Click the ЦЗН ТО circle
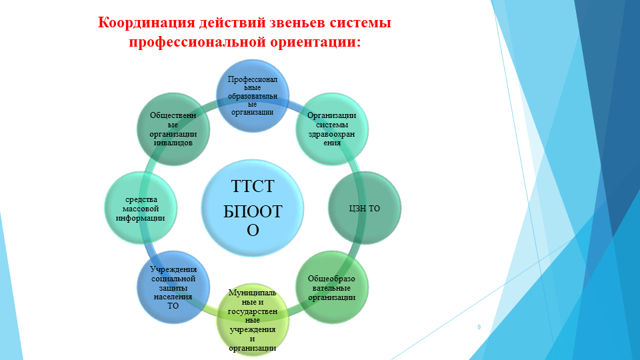pos(365,208)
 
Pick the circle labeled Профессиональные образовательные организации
pos(254,93)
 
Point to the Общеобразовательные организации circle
pos(331,287)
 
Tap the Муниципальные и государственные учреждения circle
pos(253,320)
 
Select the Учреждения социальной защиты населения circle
pos(172,287)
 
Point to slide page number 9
pos(479,327)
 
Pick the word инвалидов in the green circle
pos(173,142)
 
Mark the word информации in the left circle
pos(140,218)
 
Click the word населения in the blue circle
pos(173,297)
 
